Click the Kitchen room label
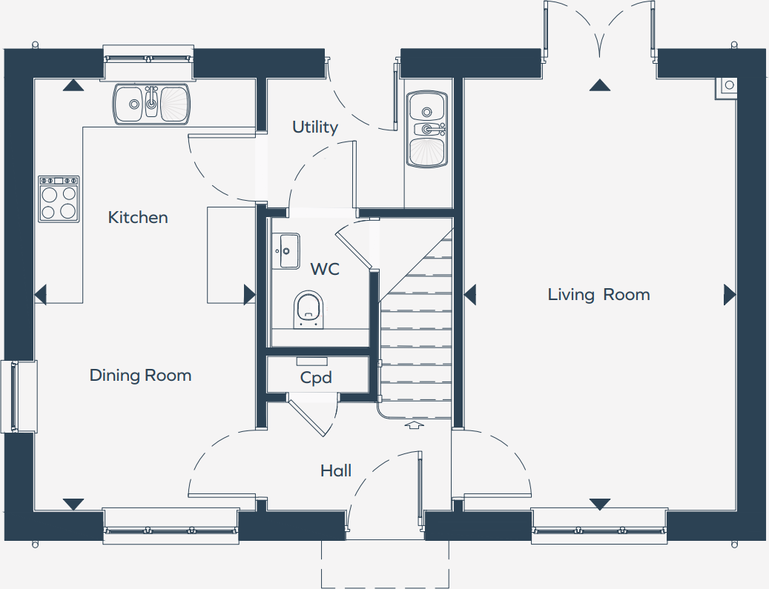click(x=138, y=217)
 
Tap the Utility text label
click(x=314, y=127)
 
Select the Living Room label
click(x=598, y=294)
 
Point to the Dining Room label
click(x=140, y=375)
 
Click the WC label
click(x=325, y=268)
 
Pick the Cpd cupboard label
click(x=316, y=378)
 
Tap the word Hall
click(x=336, y=470)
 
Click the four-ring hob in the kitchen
click(x=59, y=199)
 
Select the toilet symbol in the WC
click(x=309, y=308)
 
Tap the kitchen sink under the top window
click(x=151, y=104)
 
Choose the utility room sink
click(x=427, y=129)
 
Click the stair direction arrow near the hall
click(x=414, y=425)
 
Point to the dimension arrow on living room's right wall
click(x=730, y=295)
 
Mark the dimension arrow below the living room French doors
click(x=599, y=86)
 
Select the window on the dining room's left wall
click(x=19, y=396)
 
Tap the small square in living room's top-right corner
click(x=727, y=86)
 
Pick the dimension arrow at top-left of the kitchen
click(x=73, y=86)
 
